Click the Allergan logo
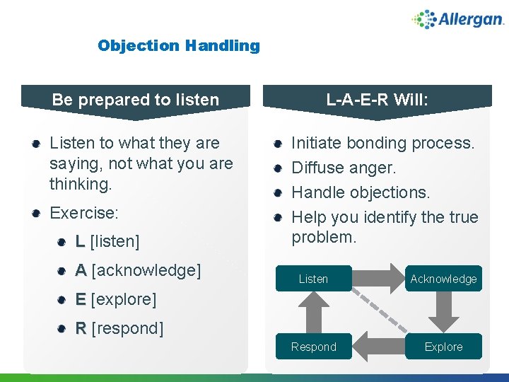[x=457, y=19]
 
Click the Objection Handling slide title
[x=179, y=46]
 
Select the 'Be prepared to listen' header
[x=136, y=100]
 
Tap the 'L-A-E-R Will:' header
[x=377, y=100]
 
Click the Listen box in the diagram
[x=313, y=279]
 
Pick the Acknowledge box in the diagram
[x=443, y=279]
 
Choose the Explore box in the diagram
[x=443, y=347]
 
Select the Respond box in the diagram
[x=313, y=347]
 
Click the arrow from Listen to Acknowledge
[x=378, y=278]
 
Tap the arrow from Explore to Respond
[x=378, y=347]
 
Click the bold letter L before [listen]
[x=81, y=242]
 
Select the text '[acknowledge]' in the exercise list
[x=146, y=270]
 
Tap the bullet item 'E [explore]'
[x=116, y=299]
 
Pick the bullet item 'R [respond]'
[x=119, y=328]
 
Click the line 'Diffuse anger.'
[x=344, y=168]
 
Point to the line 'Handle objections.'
[x=361, y=192]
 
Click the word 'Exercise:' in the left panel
[x=84, y=213]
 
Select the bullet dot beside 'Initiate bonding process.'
[x=279, y=144]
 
